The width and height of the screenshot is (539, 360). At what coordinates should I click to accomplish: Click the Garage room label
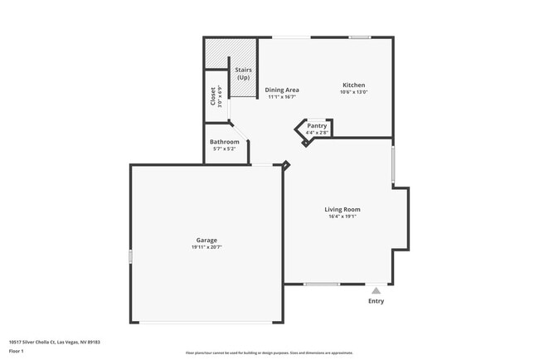[206, 241]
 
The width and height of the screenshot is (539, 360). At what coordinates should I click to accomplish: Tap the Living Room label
[342, 209]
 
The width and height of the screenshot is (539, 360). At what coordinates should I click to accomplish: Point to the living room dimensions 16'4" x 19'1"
[342, 216]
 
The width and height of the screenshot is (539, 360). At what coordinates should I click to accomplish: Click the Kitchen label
[353, 85]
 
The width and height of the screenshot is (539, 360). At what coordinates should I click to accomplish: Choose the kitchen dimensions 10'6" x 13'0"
[353, 92]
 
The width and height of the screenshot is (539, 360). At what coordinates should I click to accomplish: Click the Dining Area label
[282, 90]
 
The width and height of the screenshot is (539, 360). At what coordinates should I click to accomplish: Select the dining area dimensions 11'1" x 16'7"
[282, 97]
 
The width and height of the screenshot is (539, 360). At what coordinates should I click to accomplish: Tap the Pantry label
[317, 126]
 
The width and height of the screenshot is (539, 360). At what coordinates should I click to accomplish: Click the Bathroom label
[224, 142]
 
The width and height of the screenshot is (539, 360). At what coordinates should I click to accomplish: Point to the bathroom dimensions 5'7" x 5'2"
[224, 149]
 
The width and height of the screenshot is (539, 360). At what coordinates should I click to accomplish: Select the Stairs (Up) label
[244, 73]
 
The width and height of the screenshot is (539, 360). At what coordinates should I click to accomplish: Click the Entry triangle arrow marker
[376, 290]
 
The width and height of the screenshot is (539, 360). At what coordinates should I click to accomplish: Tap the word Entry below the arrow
[376, 301]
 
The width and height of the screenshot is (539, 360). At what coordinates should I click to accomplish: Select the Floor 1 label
[17, 351]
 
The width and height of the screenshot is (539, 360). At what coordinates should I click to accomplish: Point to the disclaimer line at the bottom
[269, 353]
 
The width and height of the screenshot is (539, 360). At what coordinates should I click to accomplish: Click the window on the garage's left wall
[130, 257]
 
